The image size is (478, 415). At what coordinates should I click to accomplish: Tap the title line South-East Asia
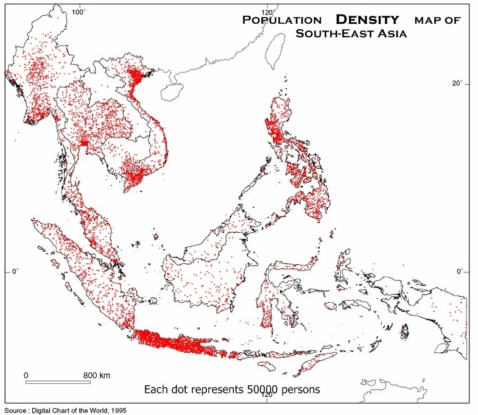click(x=351, y=33)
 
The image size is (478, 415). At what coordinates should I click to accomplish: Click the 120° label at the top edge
click(x=266, y=11)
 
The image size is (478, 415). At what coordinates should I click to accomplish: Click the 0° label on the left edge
click(x=16, y=272)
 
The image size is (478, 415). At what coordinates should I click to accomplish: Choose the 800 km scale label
click(x=96, y=374)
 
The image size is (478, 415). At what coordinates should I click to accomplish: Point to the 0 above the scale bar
click(x=26, y=374)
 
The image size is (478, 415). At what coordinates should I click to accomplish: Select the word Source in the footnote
click(x=16, y=410)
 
